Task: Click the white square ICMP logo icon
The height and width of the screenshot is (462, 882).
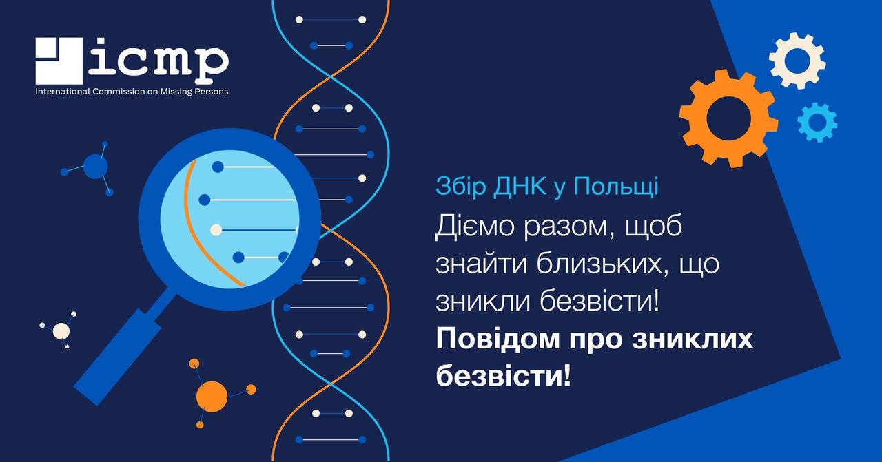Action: click(x=59, y=61)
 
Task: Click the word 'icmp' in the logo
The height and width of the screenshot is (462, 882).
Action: click(x=158, y=59)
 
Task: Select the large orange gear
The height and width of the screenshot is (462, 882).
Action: click(x=728, y=118)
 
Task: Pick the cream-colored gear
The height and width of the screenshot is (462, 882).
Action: click(x=797, y=61)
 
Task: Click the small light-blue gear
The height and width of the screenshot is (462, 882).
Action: click(x=817, y=122)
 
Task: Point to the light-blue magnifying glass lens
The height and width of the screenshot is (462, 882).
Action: click(x=229, y=219)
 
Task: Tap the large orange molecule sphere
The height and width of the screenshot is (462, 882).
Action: click(x=212, y=397)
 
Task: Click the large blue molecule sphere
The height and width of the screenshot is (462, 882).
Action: click(x=95, y=167)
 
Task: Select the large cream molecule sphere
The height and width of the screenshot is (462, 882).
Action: click(x=61, y=331)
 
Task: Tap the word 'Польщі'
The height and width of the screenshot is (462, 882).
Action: click(x=615, y=187)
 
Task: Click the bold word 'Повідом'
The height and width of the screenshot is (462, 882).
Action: click(x=498, y=339)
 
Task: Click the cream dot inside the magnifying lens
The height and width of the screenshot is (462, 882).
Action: click(x=216, y=230)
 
